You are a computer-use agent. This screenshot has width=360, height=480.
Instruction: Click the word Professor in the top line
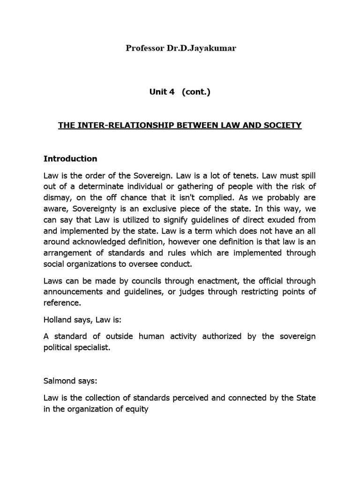(x=143, y=48)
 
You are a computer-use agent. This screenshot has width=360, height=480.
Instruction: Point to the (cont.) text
(x=193, y=92)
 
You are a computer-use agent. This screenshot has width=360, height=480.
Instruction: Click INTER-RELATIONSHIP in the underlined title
(x=119, y=126)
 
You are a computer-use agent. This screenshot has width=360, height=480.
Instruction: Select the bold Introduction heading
(x=70, y=158)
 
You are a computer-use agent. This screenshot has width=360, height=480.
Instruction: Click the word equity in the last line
(x=137, y=409)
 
